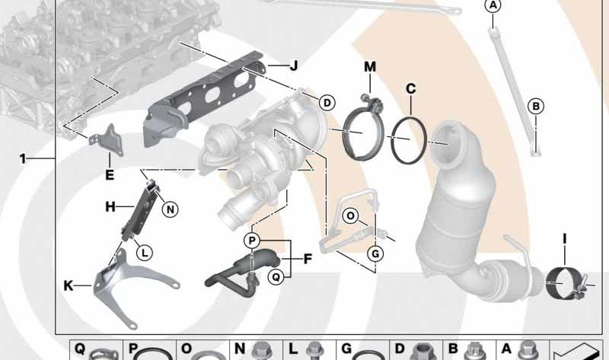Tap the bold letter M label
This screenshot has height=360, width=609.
click(x=370, y=67)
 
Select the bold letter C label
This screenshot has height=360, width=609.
click(x=410, y=89)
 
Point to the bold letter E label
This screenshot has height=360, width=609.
click(x=110, y=175)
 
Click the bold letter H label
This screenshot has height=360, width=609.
click(x=110, y=206)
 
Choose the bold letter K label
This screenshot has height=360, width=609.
click(x=68, y=286)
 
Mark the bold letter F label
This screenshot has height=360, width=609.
click(x=308, y=259)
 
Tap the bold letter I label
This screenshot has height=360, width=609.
click(x=565, y=239)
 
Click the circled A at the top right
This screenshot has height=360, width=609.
click(x=493, y=7)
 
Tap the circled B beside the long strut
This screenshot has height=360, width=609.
click(x=536, y=107)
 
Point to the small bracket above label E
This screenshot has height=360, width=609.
click(x=104, y=141)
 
